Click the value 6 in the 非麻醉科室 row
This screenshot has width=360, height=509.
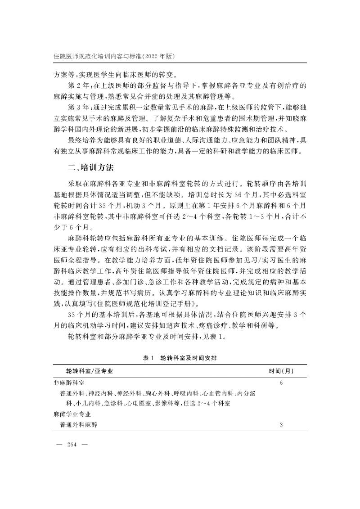(281, 383)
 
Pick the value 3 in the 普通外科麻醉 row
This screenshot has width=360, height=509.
(281, 424)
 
